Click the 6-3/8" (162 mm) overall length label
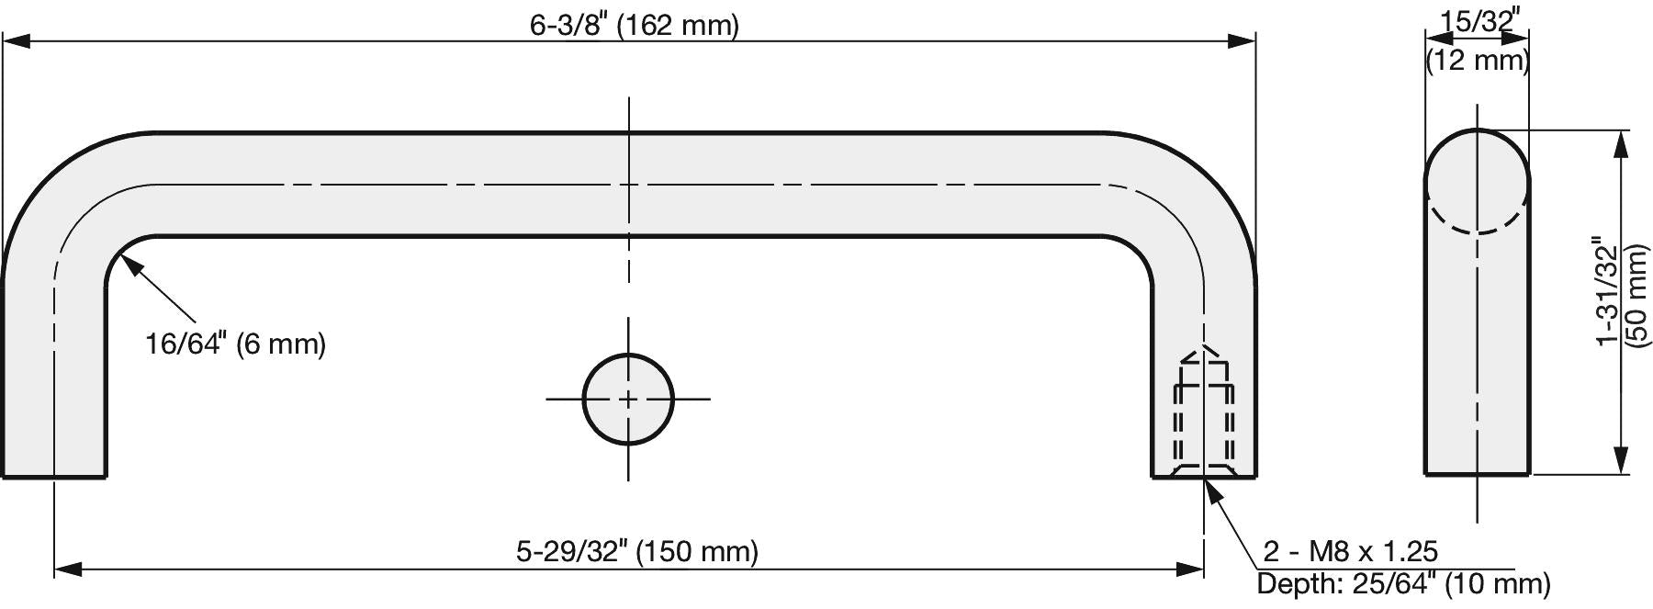click(x=634, y=25)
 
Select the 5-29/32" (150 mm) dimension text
click(x=637, y=551)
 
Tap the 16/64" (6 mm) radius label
click(x=236, y=344)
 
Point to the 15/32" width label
click(x=1478, y=21)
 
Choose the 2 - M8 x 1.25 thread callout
click(x=1351, y=551)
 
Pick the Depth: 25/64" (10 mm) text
click(x=1403, y=583)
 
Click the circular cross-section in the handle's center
click(x=628, y=399)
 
